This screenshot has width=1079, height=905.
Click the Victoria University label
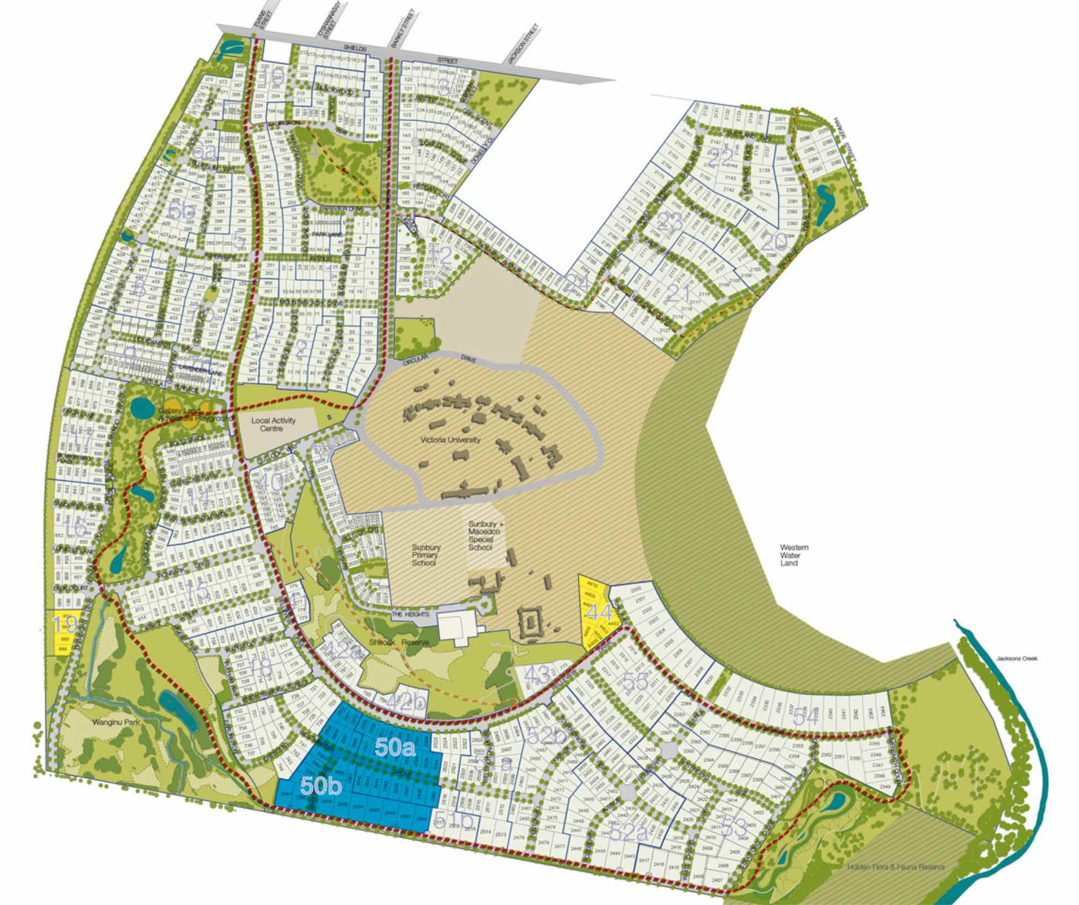pyautogui.click(x=450, y=440)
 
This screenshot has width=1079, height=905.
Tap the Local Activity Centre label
pyautogui.click(x=273, y=424)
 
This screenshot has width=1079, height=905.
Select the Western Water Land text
pyautogui.click(x=794, y=555)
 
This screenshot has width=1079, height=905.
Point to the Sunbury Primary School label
pyautogui.click(x=426, y=555)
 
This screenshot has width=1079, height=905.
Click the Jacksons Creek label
pyautogui.click(x=1017, y=658)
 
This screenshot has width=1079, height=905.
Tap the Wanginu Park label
pyautogui.click(x=116, y=722)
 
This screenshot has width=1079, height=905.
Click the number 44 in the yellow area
pyautogui.click(x=599, y=612)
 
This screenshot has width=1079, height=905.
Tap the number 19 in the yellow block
pyautogui.click(x=63, y=625)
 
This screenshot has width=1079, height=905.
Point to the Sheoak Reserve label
pyautogui.click(x=399, y=643)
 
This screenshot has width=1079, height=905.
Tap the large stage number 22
pyautogui.click(x=721, y=159)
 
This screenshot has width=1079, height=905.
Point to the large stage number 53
pyautogui.click(x=734, y=827)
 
